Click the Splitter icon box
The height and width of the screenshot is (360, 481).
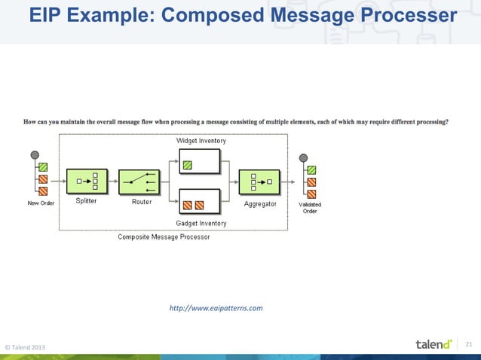pyautogui.click(x=87, y=182)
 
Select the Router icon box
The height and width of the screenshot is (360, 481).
pyautogui.click(x=139, y=182)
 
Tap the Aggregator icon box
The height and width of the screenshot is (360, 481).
pyautogui.click(x=259, y=182)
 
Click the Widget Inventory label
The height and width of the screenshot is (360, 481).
pyautogui.click(x=201, y=141)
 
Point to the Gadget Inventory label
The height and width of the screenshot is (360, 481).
pyautogui.click(x=201, y=223)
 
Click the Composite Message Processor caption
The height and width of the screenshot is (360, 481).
pyautogui.click(x=164, y=236)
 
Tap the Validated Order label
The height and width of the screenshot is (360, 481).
pyautogui.click(x=310, y=208)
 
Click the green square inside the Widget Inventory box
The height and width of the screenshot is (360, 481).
pyautogui.click(x=188, y=165)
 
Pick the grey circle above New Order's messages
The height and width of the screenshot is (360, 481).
pyautogui.click(x=35, y=155)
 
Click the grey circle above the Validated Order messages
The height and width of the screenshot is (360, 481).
pyautogui.click(x=303, y=157)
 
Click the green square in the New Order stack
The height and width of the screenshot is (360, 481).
pyautogui.click(x=44, y=167)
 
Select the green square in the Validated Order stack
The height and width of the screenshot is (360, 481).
pyautogui.click(x=311, y=169)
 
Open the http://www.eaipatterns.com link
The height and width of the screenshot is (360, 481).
pyautogui.click(x=216, y=308)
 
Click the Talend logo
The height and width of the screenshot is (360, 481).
pyautogui.click(x=434, y=344)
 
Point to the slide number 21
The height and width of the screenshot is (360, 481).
pyautogui.click(x=468, y=344)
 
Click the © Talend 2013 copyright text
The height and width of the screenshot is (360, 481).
pyautogui.click(x=25, y=346)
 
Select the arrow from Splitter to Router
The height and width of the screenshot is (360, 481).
pyautogui.click(x=113, y=182)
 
